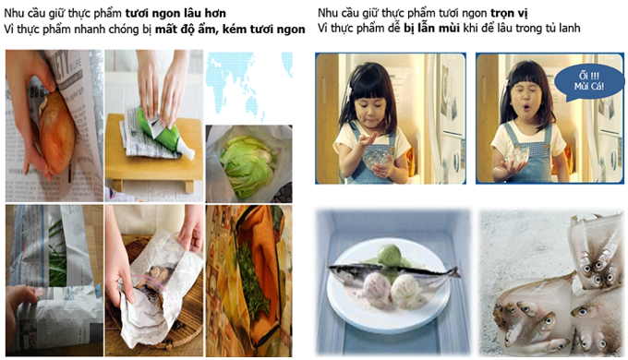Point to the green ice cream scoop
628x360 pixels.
tap(390, 255)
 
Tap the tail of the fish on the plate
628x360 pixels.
tap(453, 272)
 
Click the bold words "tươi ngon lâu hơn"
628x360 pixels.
tap(175, 13)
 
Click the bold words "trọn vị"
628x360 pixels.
tap(509, 13)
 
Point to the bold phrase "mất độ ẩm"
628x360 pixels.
tap(186, 30)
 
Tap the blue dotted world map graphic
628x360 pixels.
tap(248, 86)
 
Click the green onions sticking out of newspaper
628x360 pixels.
tap(57, 251)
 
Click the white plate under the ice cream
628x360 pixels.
tap(387, 283)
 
